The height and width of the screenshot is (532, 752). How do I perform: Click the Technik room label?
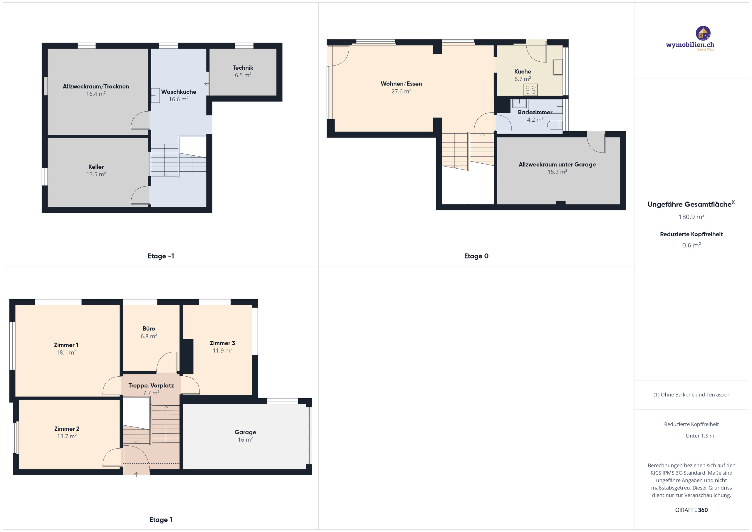(243, 68)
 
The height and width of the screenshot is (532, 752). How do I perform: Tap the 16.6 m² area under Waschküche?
(179, 99)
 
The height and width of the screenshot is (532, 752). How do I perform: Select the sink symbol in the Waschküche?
(155, 96)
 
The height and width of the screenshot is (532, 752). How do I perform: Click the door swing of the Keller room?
(140, 196)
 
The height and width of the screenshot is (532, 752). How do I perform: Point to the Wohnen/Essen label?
(401, 84)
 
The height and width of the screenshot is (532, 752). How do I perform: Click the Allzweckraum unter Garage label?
(557, 165)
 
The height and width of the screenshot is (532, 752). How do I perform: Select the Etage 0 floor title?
(476, 256)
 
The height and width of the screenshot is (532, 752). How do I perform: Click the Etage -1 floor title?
(160, 256)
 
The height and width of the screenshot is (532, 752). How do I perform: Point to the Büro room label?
(149, 328)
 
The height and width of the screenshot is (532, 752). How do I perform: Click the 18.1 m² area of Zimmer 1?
(66, 353)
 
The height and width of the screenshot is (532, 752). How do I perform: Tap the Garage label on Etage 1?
(245, 432)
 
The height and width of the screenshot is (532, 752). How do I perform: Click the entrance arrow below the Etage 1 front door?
(137, 475)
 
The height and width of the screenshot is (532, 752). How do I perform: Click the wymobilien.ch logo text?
(690, 45)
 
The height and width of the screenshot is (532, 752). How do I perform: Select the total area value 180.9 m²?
(691, 217)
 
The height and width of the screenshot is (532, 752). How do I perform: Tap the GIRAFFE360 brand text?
(691, 510)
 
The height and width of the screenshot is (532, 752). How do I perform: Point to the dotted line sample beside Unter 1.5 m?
(675, 436)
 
